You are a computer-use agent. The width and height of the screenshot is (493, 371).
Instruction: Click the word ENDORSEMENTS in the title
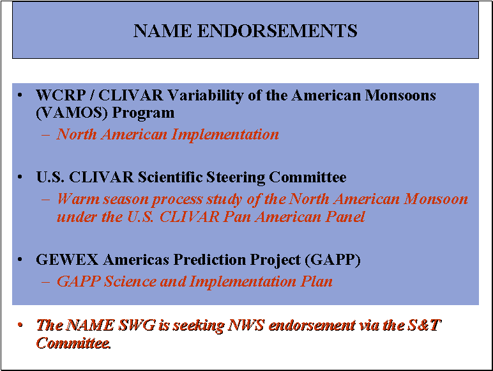(x=277, y=31)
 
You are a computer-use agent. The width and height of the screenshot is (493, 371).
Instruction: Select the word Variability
(x=205, y=96)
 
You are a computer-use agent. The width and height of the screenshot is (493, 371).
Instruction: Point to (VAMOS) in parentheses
(x=72, y=113)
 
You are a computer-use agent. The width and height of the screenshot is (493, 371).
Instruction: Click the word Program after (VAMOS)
(x=143, y=113)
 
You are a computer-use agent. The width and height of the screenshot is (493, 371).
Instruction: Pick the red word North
(x=77, y=134)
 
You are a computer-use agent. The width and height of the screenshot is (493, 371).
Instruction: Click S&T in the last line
(x=425, y=325)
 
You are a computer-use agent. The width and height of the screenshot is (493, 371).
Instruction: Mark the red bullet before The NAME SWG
(x=20, y=325)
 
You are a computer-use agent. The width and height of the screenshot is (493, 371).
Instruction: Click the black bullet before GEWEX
(x=20, y=260)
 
